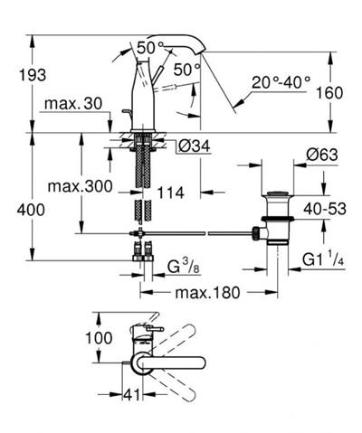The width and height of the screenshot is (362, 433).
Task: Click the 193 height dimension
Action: pyautogui.click(x=33, y=75)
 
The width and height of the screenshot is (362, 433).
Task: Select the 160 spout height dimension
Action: pyautogui.click(x=329, y=92)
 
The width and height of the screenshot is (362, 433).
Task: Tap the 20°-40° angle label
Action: pyautogui.click(x=281, y=82)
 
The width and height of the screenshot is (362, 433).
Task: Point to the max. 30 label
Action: pyautogui.click(x=73, y=104)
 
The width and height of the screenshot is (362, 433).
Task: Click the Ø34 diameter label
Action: pyautogui.click(x=195, y=146)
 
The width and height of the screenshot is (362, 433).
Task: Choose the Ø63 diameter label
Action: pyautogui.click(x=322, y=155)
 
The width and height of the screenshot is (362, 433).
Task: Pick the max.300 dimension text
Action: pyautogui.click(x=80, y=186)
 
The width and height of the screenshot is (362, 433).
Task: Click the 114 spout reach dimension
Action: pyautogui.click(x=171, y=193)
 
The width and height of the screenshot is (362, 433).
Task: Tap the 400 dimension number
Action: pyautogui.click(x=31, y=210)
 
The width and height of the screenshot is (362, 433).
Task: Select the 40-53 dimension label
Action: pyautogui.click(x=325, y=209)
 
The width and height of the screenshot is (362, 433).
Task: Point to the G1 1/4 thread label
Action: pyautogui.click(x=323, y=259)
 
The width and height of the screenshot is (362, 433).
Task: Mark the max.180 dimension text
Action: pyautogui.click(x=207, y=292)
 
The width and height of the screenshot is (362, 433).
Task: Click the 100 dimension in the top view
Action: pyautogui.click(x=99, y=338)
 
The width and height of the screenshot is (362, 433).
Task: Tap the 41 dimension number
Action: pyautogui.click(x=132, y=395)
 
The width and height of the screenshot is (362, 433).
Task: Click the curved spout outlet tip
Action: pyautogui.click(x=202, y=52)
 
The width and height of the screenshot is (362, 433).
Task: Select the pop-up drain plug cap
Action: pyautogui.click(x=277, y=193)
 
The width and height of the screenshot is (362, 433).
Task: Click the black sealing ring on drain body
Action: pyautogui.click(x=277, y=219)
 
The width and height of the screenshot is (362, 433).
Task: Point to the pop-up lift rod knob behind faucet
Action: pyautogui.click(x=127, y=112)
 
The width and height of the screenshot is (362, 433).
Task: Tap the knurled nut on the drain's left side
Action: pyautogui.click(x=256, y=233)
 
